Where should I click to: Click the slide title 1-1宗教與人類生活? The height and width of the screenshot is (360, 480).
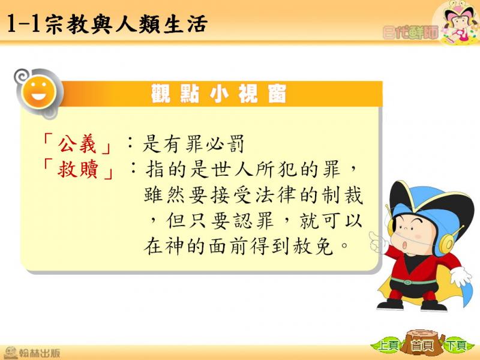click(x=107, y=23)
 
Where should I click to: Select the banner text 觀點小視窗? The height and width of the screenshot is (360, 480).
click(x=219, y=94)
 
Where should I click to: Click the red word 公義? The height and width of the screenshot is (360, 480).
click(x=77, y=144)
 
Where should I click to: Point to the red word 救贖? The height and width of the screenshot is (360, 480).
click(x=78, y=169)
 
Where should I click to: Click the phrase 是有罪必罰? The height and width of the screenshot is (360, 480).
click(x=193, y=144)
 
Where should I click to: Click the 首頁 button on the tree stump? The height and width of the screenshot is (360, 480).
click(x=423, y=346)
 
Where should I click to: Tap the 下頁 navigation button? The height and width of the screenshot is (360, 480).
click(x=457, y=346)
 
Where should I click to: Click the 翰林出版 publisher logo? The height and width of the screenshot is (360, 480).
click(x=32, y=353)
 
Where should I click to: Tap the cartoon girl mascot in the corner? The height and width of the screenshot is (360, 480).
click(x=457, y=22)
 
